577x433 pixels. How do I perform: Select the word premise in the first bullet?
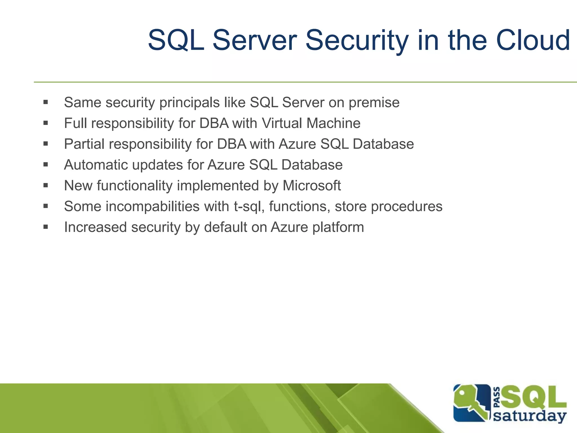(x=374, y=103)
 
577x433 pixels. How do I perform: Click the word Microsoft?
(x=312, y=186)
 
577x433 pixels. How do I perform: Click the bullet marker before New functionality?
(x=46, y=185)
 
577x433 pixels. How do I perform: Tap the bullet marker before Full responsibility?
(x=46, y=123)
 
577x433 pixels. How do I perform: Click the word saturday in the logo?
(x=530, y=416)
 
